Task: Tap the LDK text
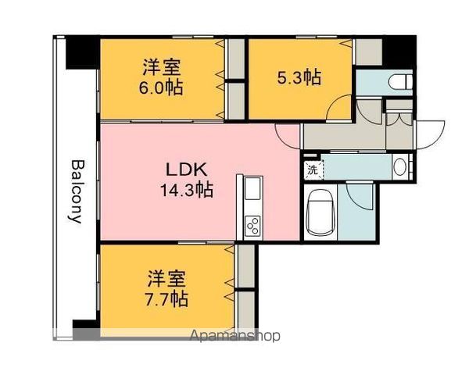pyautogui.click(x=186, y=170)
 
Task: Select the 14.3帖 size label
pyautogui.click(x=187, y=190)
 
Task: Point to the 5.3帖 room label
pyautogui.click(x=299, y=77)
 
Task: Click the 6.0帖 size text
pyautogui.click(x=161, y=87)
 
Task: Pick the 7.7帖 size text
pyautogui.click(x=166, y=298)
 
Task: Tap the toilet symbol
pyautogui.click(x=400, y=81)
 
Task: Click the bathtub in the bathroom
pyautogui.click(x=320, y=212)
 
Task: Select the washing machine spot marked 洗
pyautogui.click(x=313, y=170)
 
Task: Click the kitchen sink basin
pyautogui.click(x=252, y=188)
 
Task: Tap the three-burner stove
pyautogui.click(x=252, y=226)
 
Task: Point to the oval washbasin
pyautogui.click(x=399, y=167)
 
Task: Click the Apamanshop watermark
pyautogui.click(x=234, y=336)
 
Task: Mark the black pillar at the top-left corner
pyautogui.click(x=82, y=52)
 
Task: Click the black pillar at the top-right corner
pyautogui.click(x=399, y=52)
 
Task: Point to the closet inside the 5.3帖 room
pyautogui.click(x=368, y=52)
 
